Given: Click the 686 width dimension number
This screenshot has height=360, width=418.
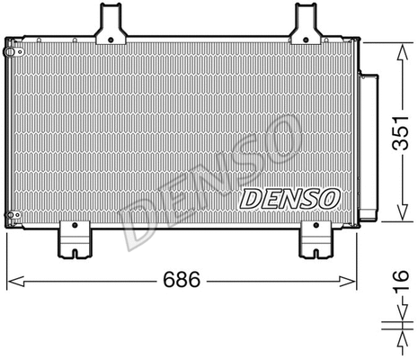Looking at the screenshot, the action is [182, 279].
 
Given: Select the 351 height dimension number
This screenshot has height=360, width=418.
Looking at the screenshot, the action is [400, 132].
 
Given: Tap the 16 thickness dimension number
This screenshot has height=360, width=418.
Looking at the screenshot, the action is [400, 280].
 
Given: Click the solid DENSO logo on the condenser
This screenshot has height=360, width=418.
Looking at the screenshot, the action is [289, 199].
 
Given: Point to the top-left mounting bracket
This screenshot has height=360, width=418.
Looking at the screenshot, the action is [111, 24].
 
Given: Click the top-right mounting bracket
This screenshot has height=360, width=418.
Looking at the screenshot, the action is [306, 24].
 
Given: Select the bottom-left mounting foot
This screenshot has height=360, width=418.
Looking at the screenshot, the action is [75, 239].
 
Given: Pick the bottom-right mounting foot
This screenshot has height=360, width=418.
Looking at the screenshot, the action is [316, 239].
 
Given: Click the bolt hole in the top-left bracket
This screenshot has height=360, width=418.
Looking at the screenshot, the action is [111, 40].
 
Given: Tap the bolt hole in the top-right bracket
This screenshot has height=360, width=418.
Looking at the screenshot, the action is [306, 40].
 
